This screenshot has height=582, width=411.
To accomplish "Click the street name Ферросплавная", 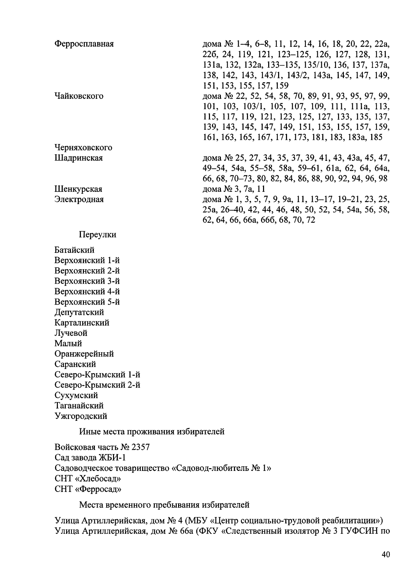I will (84, 44).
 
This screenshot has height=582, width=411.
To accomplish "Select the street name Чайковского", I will (79, 96).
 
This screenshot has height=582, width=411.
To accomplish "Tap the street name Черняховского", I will (83, 148).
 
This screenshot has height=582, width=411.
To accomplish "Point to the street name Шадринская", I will (78, 158).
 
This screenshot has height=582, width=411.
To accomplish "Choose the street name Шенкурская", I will (78, 189).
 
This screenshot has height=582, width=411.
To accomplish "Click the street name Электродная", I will (79, 200).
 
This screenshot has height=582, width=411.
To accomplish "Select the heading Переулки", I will (98, 235).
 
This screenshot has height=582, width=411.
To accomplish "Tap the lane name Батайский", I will (74, 250).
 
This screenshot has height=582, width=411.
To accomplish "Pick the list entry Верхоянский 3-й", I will (87, 281).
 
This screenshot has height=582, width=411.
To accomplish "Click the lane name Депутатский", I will (79, 312).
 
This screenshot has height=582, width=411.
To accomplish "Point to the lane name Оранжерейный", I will (84, 354).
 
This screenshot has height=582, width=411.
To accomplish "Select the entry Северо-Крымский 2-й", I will (97, 385).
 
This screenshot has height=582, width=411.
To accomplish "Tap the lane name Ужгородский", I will (81, 416).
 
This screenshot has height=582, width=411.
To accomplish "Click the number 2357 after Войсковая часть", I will (140, 448).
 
